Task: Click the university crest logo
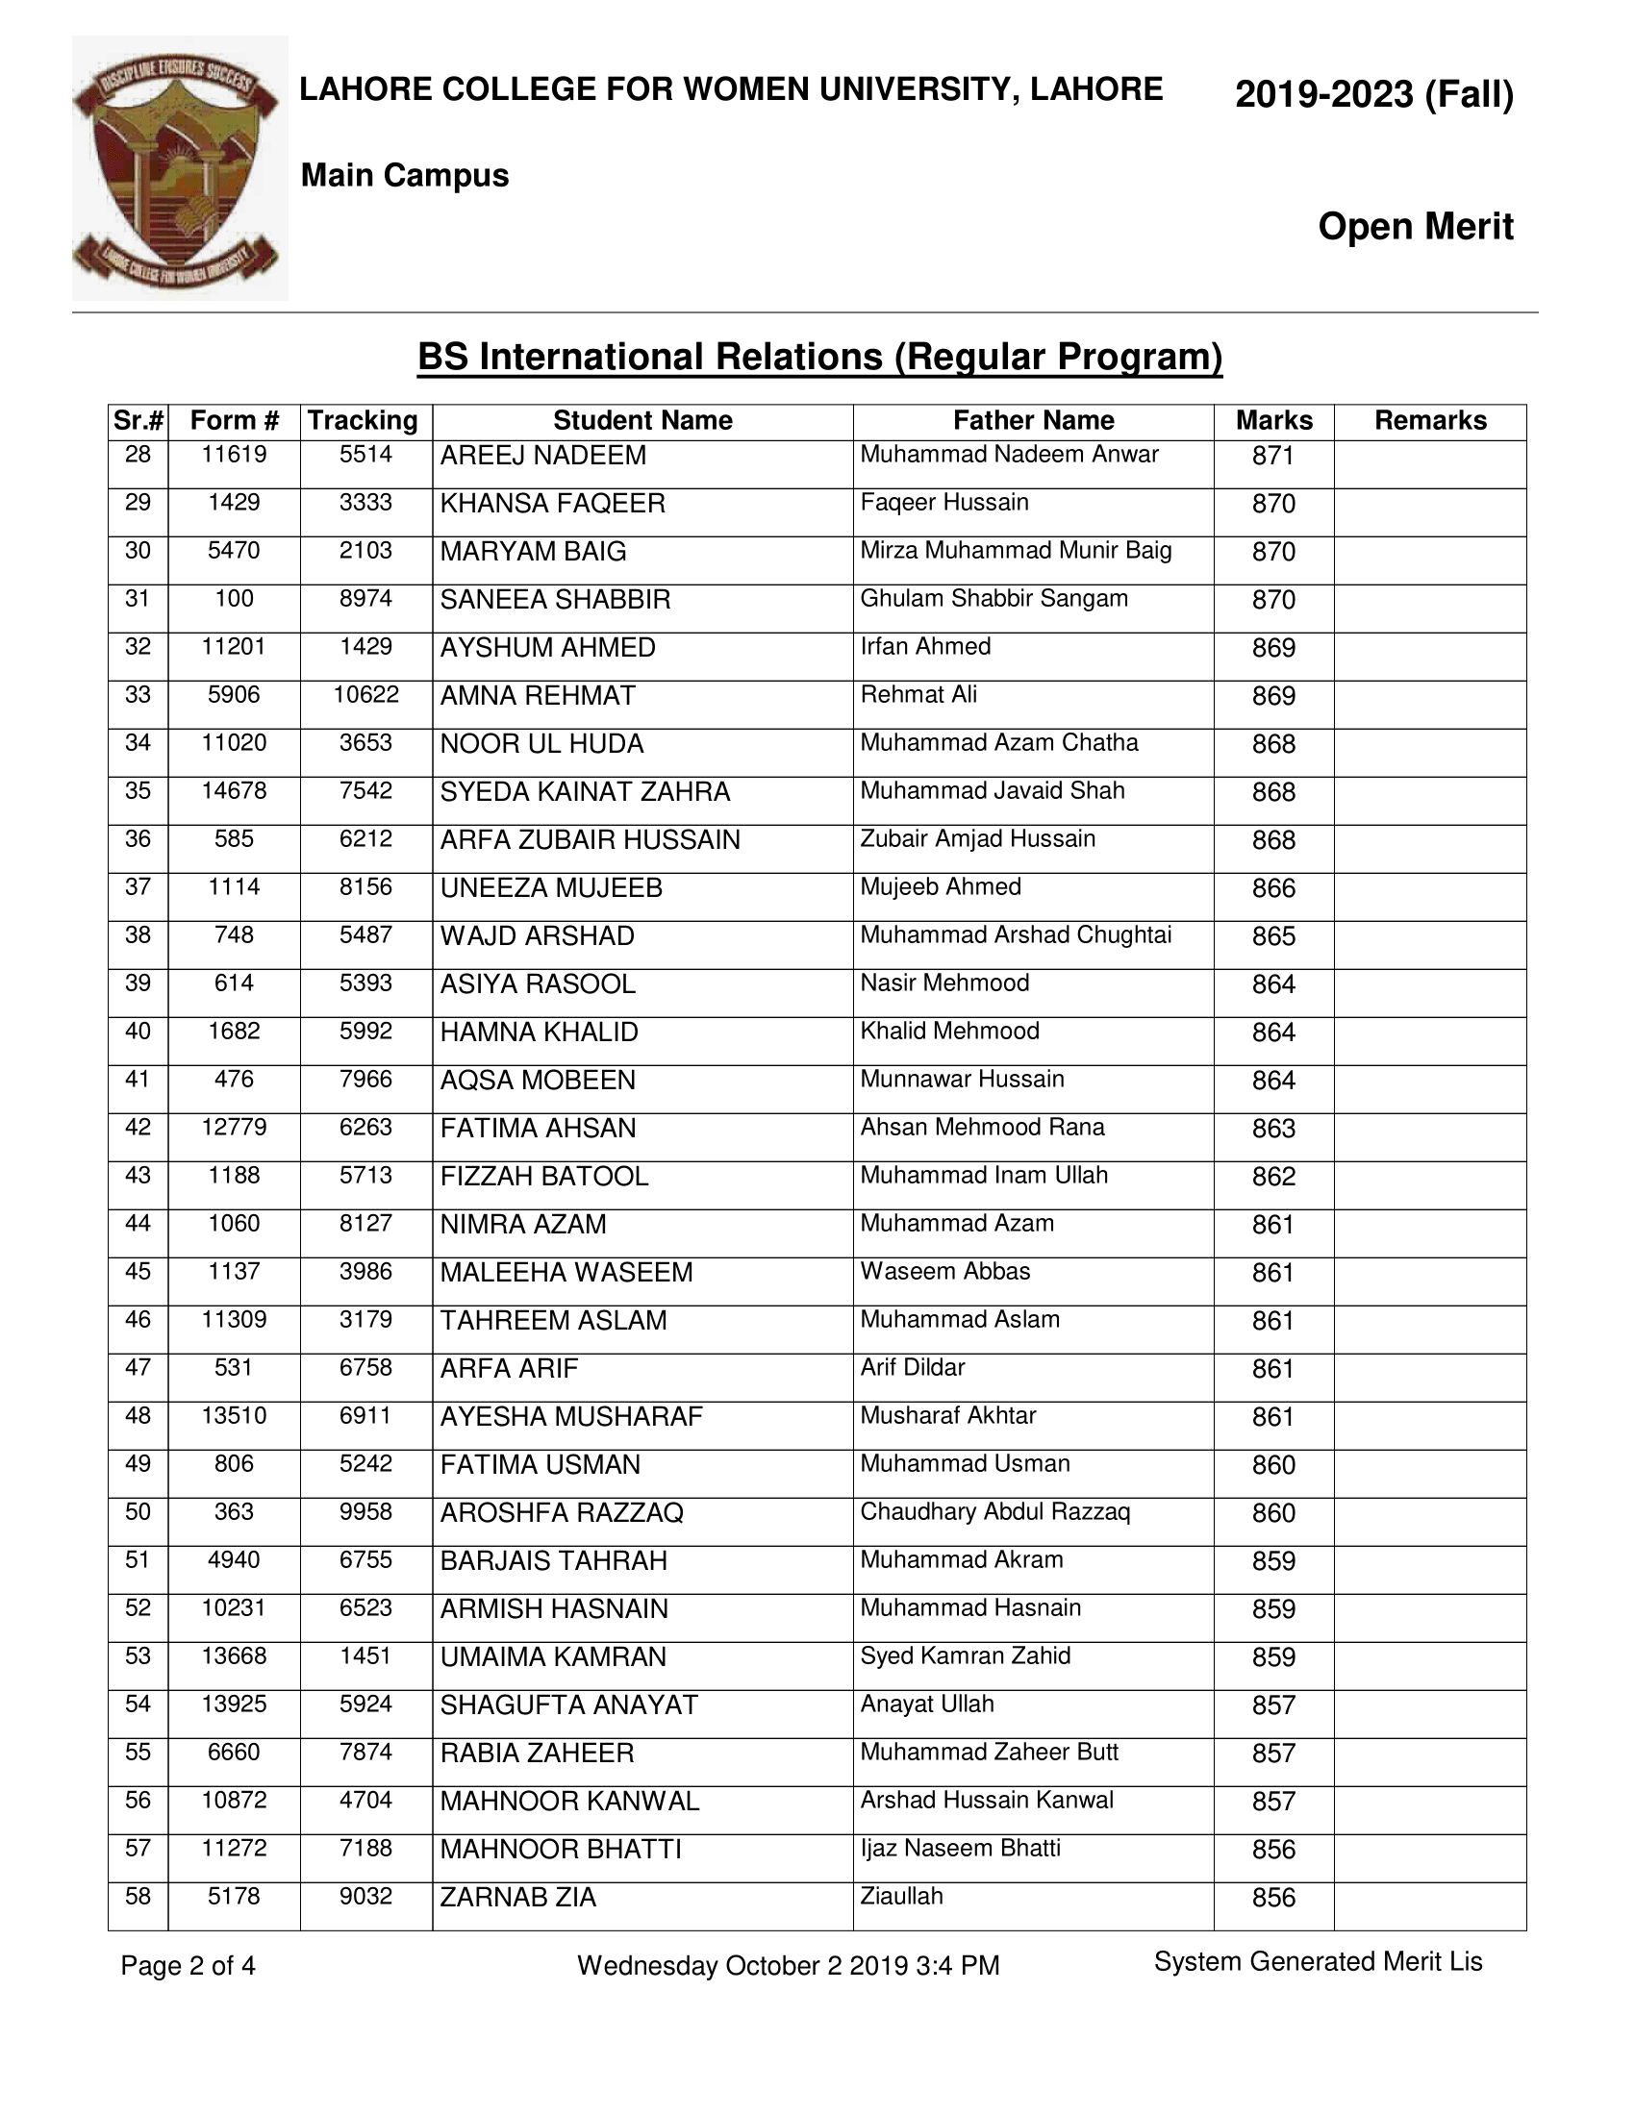179,168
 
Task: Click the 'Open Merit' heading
1414,227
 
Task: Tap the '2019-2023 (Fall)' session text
1373,95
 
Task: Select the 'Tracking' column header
364,420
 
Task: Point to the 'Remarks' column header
1429,420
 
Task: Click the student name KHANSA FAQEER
552,504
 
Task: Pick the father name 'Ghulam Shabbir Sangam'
994,599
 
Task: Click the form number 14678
234,790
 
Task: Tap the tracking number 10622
365,694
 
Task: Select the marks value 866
1272,888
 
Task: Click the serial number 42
138,1128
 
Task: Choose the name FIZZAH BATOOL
543,1177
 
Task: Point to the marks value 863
1272,1129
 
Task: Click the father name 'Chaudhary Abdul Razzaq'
994,1511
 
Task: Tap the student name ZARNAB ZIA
517,1897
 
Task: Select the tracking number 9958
365,1511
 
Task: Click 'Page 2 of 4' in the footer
188,1965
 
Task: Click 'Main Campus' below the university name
405,175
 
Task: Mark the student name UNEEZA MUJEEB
551,888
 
